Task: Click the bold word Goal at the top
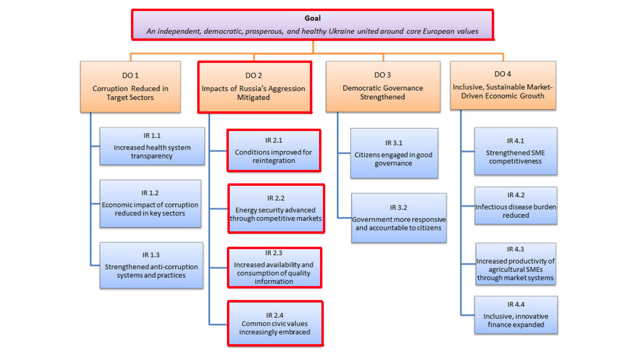tap(313, 18)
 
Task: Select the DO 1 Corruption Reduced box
tap(130, 87)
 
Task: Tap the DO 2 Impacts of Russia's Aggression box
tap(255, 87)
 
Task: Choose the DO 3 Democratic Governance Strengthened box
tap(383, 86)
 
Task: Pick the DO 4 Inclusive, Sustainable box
tap(503, 85)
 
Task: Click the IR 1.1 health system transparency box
tap(152, 146)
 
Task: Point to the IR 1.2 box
tap(150, 204)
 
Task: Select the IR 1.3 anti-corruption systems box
tap(152, 265)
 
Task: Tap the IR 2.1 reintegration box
tap(274, 151)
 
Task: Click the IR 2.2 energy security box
tap(276, 209)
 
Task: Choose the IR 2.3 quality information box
tap(274, 268)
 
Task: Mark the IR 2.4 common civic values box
tap(275, 324)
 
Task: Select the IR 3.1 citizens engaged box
tap(394, 153)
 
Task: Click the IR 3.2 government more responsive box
tap(399, 218)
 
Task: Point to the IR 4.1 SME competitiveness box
tap(516, 151)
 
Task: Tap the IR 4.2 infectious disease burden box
tap(516, 205)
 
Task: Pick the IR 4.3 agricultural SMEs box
tap(516, 264)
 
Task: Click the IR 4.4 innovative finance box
tap(516, 315)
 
